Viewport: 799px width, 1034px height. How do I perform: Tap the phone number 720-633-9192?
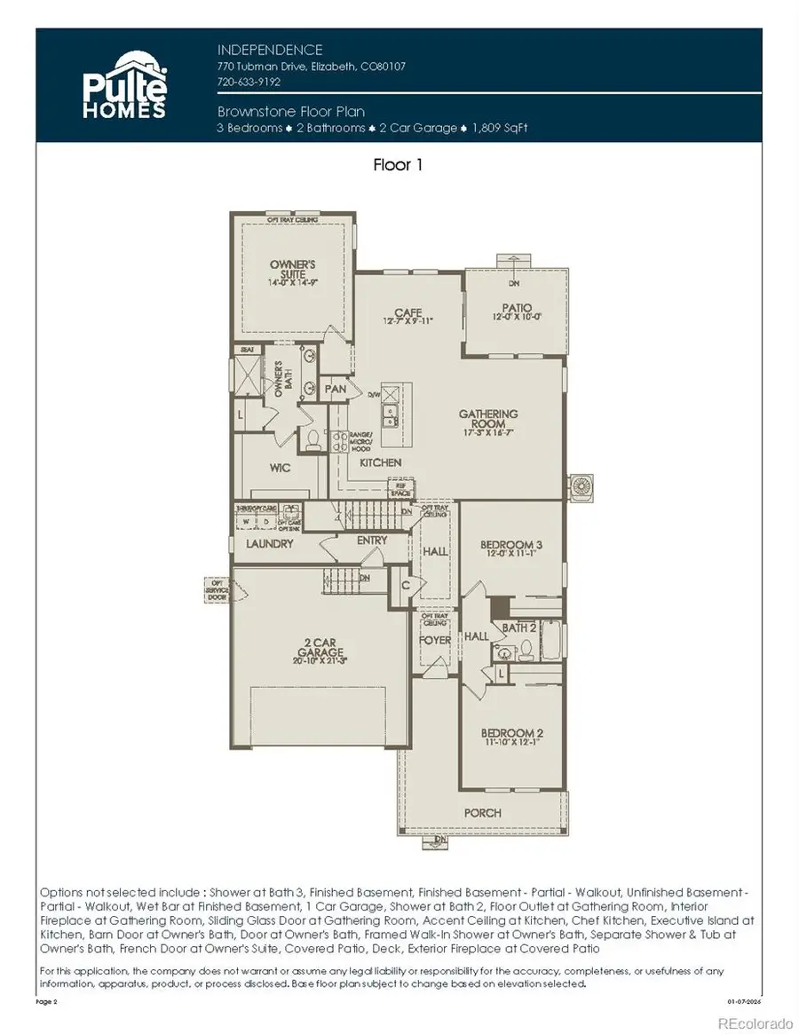(x=249, y=81)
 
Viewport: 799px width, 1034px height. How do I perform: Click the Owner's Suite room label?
(x=293, y=270)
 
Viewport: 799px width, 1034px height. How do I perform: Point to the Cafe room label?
(x=407, y=313)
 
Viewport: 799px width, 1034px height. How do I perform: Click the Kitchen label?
(x=380, y=462)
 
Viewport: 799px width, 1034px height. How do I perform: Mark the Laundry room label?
(x=269, y=543)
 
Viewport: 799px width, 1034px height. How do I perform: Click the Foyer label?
(x=435, y=639)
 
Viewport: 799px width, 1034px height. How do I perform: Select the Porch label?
(x=482, y=812)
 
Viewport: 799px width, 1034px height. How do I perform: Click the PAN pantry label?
(x=335, y=389)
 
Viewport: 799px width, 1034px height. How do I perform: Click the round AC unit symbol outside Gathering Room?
(x=582, y=486)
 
